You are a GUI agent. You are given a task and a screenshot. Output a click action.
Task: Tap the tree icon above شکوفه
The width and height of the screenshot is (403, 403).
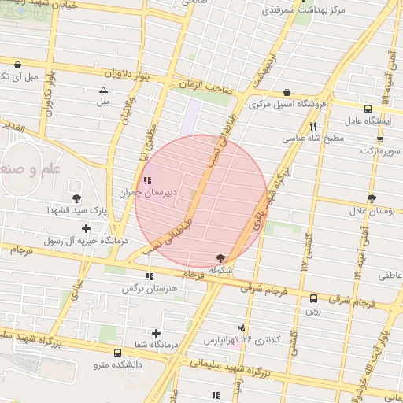220,258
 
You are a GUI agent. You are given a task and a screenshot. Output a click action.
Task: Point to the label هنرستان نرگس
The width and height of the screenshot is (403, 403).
146,288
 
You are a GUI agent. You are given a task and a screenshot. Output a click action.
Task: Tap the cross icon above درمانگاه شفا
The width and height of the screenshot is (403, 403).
156,334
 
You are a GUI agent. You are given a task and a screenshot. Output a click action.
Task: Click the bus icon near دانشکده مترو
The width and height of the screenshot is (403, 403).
117,353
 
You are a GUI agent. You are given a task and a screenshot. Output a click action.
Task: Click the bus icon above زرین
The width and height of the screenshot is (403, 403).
314,298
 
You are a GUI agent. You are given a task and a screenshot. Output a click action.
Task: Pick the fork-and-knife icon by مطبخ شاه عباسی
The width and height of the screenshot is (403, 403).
313,126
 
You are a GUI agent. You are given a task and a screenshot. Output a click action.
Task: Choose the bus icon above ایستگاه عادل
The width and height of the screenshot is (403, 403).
368,109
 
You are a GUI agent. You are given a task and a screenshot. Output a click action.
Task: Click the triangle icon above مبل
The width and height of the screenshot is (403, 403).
104,90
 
